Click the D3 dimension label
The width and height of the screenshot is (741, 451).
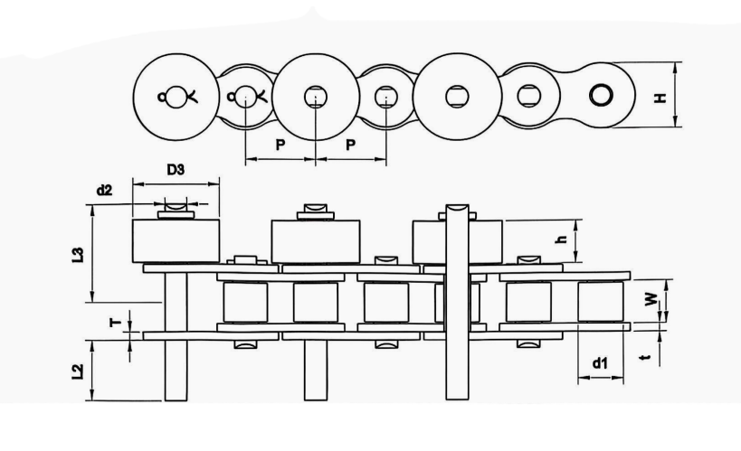[x=176, y=170]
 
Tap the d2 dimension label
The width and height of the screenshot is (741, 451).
[x=104, y=190]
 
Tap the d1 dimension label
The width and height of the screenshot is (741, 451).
[x=599, y=363]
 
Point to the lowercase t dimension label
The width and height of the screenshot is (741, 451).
[x=644, y=358]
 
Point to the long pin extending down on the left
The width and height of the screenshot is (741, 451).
[x=175, y=371]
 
